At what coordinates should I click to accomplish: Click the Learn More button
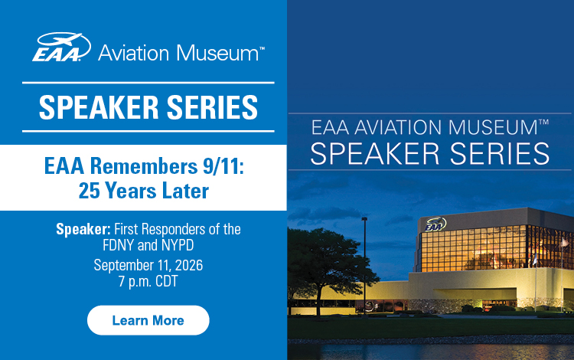pos(148,320)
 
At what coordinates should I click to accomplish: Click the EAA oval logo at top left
pos(61,47)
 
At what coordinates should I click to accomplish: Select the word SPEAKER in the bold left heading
pos(99,107)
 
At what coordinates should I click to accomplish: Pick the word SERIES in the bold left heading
pos(212,107)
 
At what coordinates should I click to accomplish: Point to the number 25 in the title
pos(89,191)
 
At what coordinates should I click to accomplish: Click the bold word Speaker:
pos(83,229)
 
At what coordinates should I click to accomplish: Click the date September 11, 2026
pos(148,265)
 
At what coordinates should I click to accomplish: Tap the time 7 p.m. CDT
pos(148,281)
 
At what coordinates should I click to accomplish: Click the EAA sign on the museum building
pos(435,224)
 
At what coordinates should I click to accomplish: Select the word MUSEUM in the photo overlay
pos(493,127)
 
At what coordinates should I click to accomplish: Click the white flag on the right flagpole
pos(565,243)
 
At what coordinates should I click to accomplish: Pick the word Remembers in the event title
pos(144,166)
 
